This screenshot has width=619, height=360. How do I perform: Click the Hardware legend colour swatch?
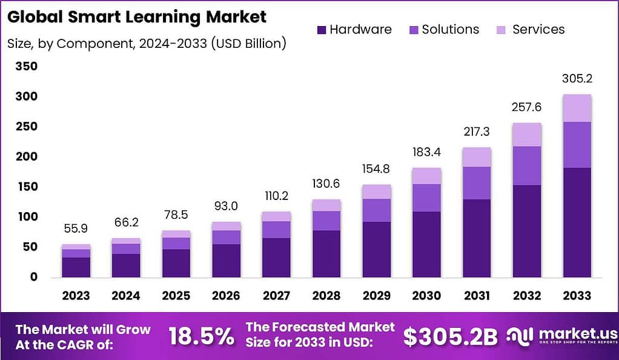[322, 29]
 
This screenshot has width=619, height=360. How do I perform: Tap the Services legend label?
[538, 29]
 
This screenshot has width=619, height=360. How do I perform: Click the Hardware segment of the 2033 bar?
[577, 222]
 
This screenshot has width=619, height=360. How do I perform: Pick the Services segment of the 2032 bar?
[527, 135]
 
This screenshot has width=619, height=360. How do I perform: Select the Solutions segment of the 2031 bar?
[477, 183]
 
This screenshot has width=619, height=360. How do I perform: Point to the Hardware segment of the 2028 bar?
[326, 253]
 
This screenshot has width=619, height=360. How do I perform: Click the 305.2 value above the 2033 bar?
[577, 78]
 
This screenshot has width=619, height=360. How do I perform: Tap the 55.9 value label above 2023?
[76, 228]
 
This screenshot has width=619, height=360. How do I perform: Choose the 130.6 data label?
[326, 184]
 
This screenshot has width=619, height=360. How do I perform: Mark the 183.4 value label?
[426, 152]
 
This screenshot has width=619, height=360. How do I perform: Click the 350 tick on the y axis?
[26, 66]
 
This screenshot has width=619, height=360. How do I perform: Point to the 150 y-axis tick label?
[26, 187]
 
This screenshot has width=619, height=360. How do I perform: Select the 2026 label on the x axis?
[226, 296]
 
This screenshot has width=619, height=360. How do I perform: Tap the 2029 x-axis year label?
[376, 296]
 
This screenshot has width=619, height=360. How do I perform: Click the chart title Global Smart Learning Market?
[137, 16]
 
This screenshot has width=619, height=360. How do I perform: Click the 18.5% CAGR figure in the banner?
[201, 337]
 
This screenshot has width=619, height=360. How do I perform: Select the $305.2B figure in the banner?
[451, 337]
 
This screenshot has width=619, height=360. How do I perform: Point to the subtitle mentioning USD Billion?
[147, 43]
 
